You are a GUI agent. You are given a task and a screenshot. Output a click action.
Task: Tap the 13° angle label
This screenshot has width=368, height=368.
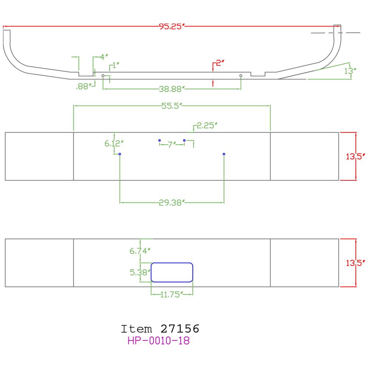350,71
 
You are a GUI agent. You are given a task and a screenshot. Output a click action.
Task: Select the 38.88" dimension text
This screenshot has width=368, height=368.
172,89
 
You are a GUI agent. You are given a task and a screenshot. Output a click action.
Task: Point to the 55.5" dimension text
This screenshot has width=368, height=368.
172,106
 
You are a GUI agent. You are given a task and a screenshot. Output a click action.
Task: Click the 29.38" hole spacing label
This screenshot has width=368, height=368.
171,202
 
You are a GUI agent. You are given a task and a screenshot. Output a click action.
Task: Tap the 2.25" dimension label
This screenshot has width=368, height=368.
207,126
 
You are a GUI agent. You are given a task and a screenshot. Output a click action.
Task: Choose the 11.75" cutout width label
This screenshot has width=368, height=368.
172,294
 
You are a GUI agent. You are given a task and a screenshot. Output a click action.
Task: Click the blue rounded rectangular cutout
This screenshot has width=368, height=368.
172,272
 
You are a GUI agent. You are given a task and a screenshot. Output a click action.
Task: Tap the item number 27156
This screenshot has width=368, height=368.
180,328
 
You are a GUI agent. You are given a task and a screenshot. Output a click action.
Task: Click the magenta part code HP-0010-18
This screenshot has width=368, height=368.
159,341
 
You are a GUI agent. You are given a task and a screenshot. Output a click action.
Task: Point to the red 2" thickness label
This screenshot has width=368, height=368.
220,63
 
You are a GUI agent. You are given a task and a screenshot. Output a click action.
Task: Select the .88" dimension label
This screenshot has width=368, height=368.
83,86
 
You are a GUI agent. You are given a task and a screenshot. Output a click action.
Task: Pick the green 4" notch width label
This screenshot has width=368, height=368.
104,57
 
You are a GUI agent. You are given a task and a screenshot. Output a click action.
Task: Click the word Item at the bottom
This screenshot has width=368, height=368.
136,328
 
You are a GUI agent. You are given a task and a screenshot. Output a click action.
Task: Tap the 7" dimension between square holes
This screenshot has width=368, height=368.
172,145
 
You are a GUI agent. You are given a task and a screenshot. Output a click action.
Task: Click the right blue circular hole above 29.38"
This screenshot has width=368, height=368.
224,154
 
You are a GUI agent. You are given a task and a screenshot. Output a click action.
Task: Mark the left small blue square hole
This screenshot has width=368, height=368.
159,140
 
